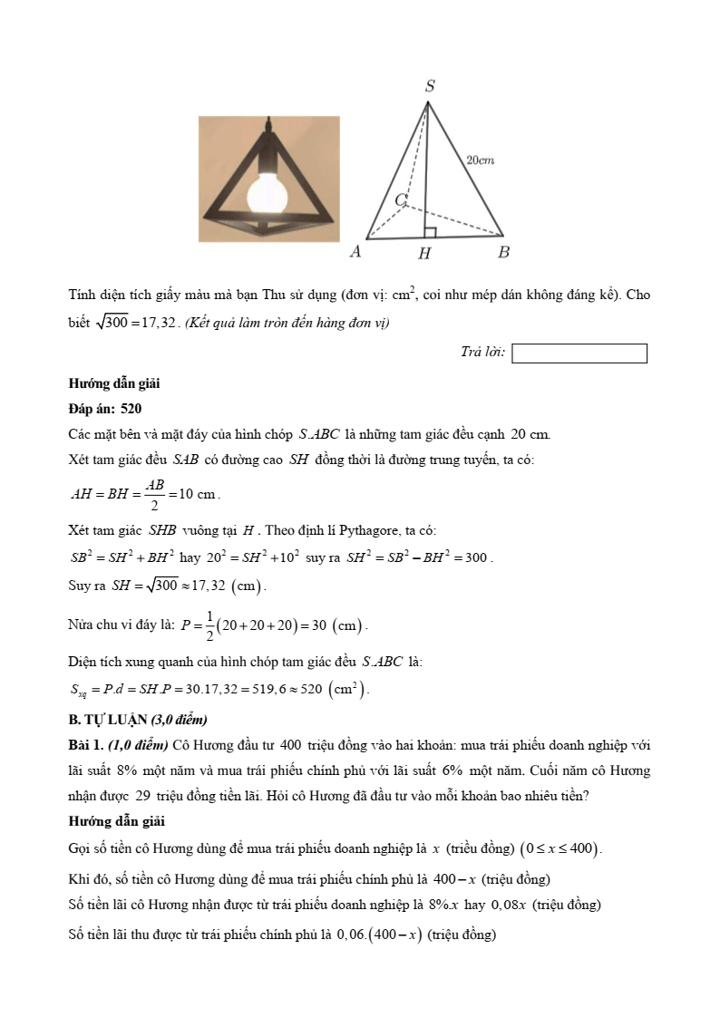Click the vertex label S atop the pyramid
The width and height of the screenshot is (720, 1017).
(x=430, y=86)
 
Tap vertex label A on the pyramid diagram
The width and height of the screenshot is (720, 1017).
(x=355, y=252)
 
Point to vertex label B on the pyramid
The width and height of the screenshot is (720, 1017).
(x=503, y=252)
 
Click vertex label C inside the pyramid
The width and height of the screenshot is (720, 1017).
(x=400, y=199)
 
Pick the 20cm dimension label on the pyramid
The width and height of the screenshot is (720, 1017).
(x=480, y=160)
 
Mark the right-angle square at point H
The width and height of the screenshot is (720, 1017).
(x=430, y=233)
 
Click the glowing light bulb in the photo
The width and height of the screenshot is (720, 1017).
(x=268, y=189)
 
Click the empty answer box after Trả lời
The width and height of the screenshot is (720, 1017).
(x=579, y=354)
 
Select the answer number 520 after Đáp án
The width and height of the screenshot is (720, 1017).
(x=130, y=410)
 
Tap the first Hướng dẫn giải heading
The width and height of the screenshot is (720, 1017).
(x=113, y=384)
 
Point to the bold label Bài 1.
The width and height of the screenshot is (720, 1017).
(x=86, y=746)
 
